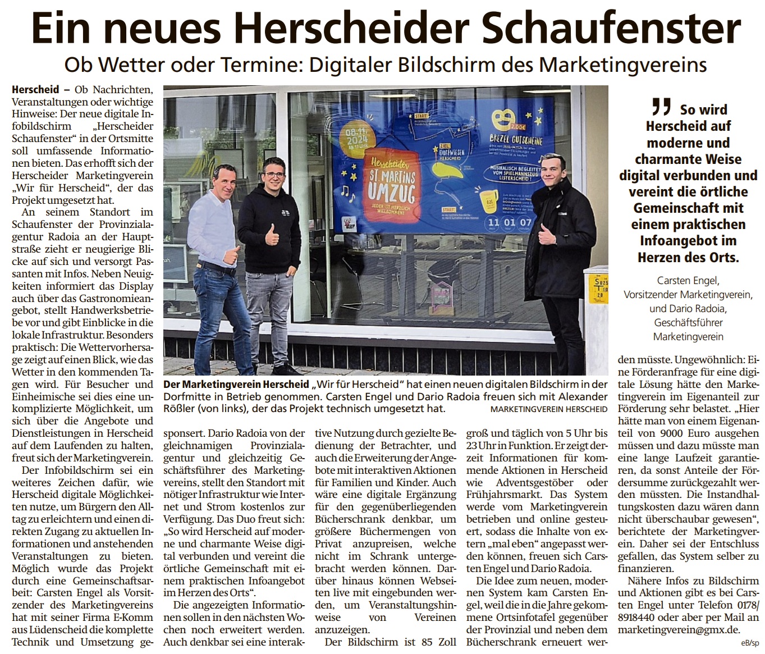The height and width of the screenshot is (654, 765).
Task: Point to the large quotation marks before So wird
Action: (662, 107)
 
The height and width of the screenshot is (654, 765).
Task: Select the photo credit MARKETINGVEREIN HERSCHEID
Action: (548, 409)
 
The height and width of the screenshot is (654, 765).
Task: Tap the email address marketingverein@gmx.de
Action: (679, 630)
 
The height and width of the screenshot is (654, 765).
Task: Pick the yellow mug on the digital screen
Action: (489, 199)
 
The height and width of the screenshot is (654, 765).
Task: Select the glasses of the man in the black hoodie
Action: (274, 175)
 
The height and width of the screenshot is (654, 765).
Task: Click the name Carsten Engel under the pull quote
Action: (688, 280)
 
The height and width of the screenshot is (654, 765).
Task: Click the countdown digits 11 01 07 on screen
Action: (509, 222)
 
